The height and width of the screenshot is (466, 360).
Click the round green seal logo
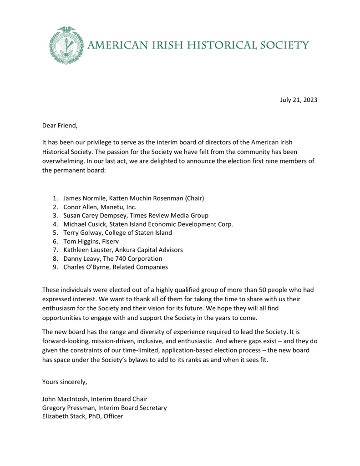tap(66, 45)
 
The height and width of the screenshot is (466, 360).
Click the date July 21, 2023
tap(299, 100)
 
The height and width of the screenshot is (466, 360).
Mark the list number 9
tap(55, 267)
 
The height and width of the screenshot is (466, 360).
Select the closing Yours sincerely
tap(64, 381)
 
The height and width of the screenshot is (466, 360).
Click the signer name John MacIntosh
tap(65, 399)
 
